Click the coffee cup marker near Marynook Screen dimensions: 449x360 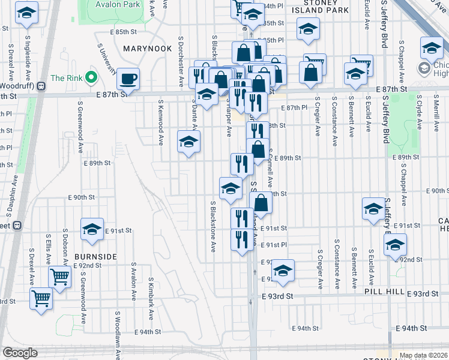128,78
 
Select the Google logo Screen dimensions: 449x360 20,353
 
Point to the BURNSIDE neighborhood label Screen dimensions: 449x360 95,256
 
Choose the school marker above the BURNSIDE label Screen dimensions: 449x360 92,230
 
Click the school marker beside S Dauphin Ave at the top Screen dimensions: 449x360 27,13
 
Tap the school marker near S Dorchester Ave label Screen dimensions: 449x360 188,142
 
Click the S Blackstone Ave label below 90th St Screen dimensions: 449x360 212,226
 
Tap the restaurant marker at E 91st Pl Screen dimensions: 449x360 241,239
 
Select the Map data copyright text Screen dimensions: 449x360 423,355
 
